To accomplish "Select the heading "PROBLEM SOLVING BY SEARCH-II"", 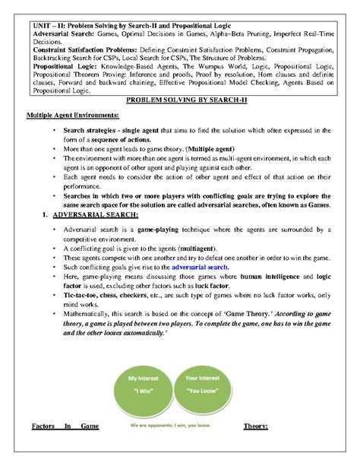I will [179, 100].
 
